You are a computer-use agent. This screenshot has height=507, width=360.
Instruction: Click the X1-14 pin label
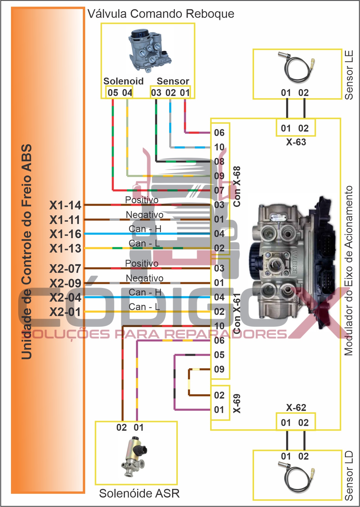coord(65,205)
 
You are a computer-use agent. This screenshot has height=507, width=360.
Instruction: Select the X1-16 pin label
coord(65,234)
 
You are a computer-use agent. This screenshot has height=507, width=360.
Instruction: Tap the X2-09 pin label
coord(65,283)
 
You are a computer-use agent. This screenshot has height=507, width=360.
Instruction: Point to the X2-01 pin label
coord(65,312)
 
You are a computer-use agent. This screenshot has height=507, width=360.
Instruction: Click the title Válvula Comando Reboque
coord(161,14)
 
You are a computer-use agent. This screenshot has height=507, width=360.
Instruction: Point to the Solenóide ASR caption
coord(139,493)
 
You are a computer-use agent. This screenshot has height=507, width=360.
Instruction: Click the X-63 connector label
coord(296,142)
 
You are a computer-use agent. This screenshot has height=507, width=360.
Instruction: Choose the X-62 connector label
coord(296,407)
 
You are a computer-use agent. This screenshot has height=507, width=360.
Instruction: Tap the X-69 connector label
coord(237,403)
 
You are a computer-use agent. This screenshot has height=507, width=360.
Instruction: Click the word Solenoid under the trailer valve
coord(123,81)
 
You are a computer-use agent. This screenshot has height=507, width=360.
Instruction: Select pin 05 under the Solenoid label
coord(113,93)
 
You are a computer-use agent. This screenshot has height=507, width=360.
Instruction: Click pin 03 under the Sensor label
coord(156,93)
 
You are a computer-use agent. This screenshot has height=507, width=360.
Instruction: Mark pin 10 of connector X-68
coord(219,147)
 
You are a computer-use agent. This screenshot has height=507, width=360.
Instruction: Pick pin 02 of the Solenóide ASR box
coord(122,427)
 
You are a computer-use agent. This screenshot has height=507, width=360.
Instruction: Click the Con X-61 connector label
coord(237,313)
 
